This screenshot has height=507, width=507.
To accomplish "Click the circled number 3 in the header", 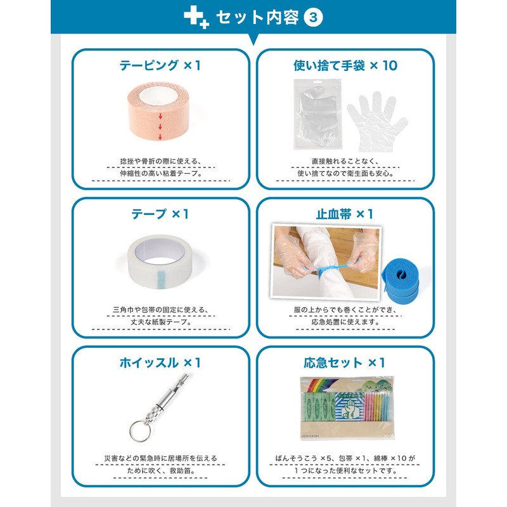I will pos(314,18).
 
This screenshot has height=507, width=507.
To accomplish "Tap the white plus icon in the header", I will pos(196,18).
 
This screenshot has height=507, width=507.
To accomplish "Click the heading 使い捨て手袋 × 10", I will pos(345,65).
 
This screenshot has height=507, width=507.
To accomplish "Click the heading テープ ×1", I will pos(160,214).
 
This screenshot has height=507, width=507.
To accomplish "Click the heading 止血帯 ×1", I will pos(345,214).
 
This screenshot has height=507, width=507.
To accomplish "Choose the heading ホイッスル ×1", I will pos(160,363).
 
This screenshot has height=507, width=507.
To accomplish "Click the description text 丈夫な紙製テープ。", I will pos(160,321).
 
